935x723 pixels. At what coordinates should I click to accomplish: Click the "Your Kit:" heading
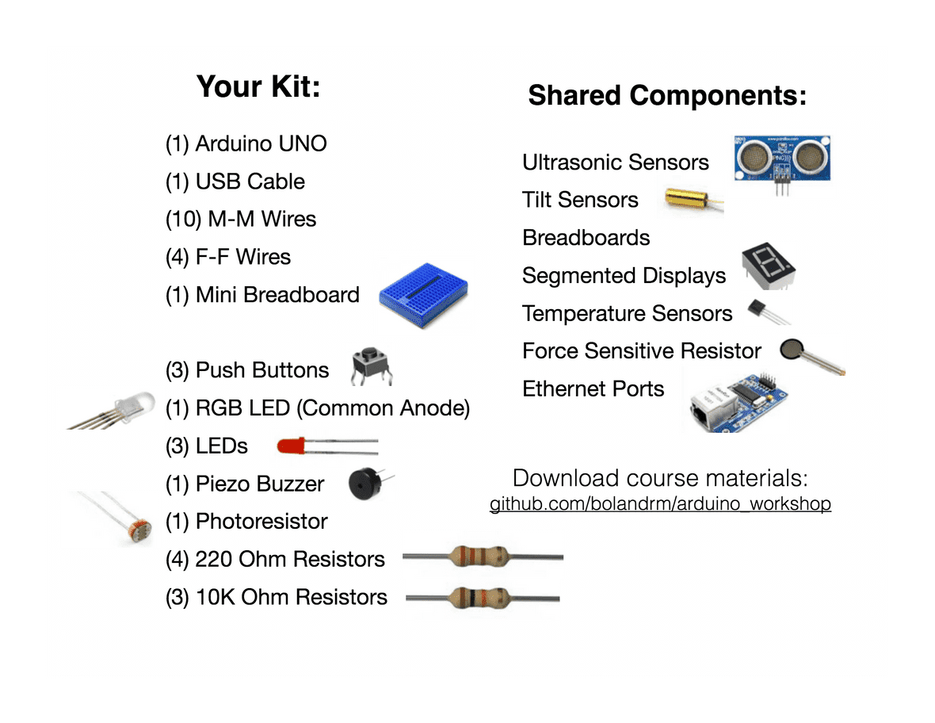point(258,86)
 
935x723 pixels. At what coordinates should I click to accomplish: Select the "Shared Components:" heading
point(667,95)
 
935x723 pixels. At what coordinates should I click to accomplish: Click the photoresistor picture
point(127,519)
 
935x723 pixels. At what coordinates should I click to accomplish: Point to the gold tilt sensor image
point(689,201)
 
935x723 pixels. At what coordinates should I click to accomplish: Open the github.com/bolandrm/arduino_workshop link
point(660,504)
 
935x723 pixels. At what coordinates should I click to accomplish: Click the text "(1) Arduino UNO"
point(246,143)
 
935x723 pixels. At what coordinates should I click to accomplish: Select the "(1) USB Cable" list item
point(235,182)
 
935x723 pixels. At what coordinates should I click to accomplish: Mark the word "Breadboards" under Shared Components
point(586,238)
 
